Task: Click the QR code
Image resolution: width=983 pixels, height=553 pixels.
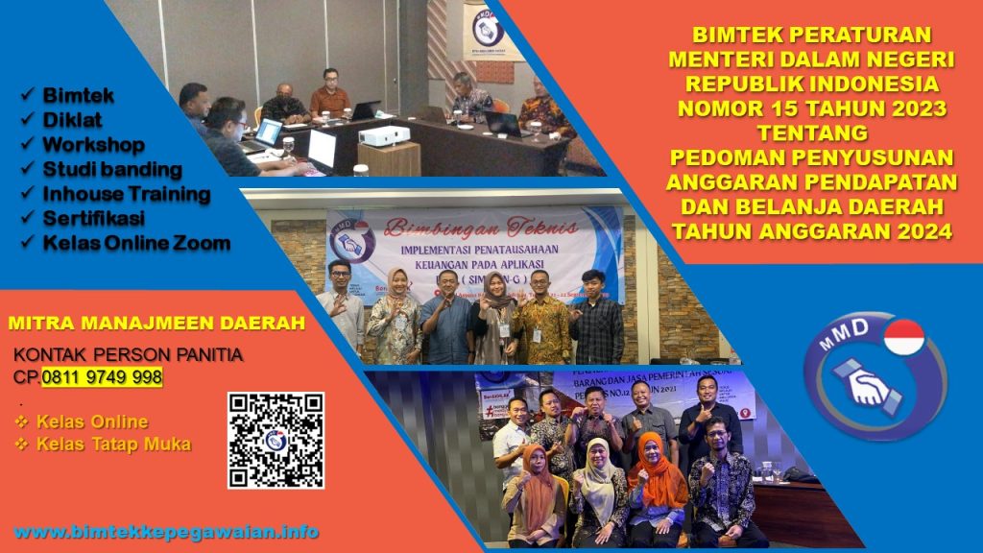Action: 276,441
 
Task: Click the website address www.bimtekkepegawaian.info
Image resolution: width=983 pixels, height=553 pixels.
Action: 166,532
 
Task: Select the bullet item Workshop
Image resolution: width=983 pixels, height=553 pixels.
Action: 93,145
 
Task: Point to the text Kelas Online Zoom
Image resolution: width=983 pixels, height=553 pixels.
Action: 136,243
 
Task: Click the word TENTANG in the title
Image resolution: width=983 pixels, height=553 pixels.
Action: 811,131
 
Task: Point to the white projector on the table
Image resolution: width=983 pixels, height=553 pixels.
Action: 384,135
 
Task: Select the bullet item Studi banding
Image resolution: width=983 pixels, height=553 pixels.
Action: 112,170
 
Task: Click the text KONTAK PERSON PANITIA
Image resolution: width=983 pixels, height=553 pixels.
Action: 128,356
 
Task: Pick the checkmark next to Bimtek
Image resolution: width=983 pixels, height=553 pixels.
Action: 28,96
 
